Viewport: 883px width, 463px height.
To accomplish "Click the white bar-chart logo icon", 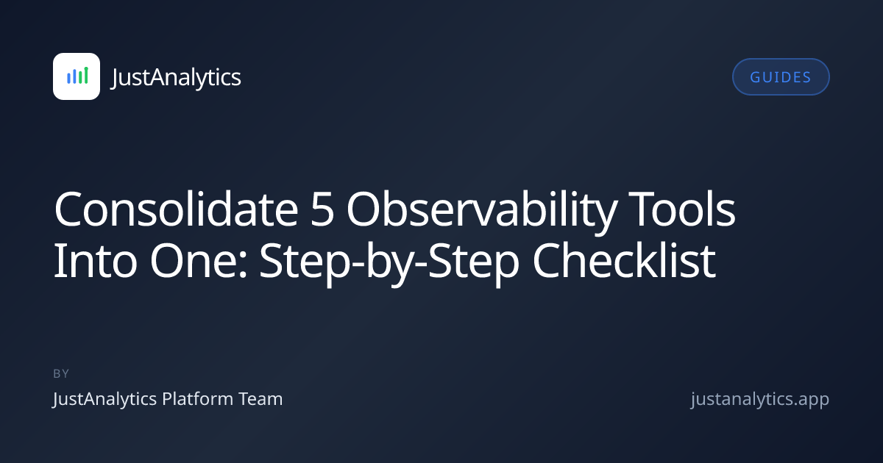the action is pyautogui.click(x=77, y=76).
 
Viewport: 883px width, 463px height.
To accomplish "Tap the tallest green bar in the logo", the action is pyautogui.click(x=86, y=76).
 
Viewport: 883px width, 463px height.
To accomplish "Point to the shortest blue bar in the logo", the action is pyautogui.click(x=68, y=78).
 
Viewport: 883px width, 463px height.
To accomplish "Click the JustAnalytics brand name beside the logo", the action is pyautogui.click(x=176, y=77).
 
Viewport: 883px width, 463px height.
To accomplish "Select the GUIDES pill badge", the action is pyautogui.click(x=781, y=76).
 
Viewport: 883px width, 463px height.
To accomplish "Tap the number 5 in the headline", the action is pyautogui.click(x=322, y=210).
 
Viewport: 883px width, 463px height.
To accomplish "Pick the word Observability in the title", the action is pyautogui.click(x=482, y=212).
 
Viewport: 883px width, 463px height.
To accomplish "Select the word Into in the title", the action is pyautogui.click(x=96, y=260).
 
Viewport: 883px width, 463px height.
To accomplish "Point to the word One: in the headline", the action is pyautogui.click(x=199, y=261).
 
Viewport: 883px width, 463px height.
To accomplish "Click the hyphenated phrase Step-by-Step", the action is pyautogui.click(x=389, y=264).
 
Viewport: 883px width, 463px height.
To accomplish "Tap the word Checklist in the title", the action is pyautogui.click(x=624, y=260).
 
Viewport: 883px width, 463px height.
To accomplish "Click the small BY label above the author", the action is pyautogui.click(x=61, y=373).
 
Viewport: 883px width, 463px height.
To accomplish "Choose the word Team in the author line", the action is pyautogui.click(x=261, y=399).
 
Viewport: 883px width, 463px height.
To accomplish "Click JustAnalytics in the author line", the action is pyautogui.click(x=104, y=400).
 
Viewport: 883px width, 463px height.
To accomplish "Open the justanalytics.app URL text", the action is pyautogui.click(x=760, y=400).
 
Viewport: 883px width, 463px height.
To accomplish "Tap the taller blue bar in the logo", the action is pyautogui.click(x=74, y=76).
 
